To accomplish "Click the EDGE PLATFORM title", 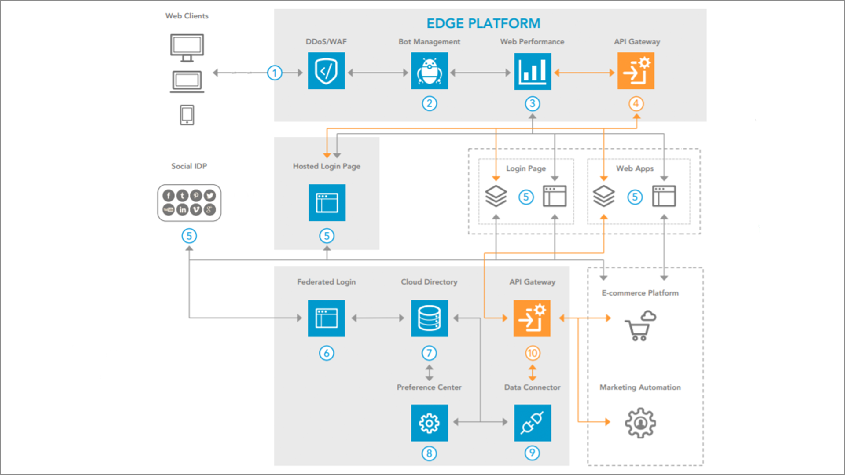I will click(x=483, y=23).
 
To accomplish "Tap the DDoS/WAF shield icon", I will click(x=326, y=71).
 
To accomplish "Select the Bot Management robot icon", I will click(x=429, y=71).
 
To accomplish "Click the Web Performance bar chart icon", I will click(x=533, y=71).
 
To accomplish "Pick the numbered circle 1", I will click(x=275, y=73).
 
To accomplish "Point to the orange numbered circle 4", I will click(x=636, y=104).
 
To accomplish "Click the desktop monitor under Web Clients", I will click(x=187, y=47).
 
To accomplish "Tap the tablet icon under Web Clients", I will click(x=187, y=115).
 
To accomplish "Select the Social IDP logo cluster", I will click(x=189, y=203).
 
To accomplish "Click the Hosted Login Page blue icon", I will click(x=327, y=202).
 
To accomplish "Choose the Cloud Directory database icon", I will click(x=429, y=318).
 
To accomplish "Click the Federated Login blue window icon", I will click(x=326, y=318).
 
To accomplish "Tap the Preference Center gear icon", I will click(x=429, y=423).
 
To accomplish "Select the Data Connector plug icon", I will click(x=533, y=423).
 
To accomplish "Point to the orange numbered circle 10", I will click(x=533, y=353).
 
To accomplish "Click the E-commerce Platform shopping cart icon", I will click(x=640, y=326).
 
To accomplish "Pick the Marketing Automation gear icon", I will click(x=640, y=423).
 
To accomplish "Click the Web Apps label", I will click(x=635, y=168).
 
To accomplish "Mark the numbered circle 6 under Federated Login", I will click(x=327, y=353).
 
